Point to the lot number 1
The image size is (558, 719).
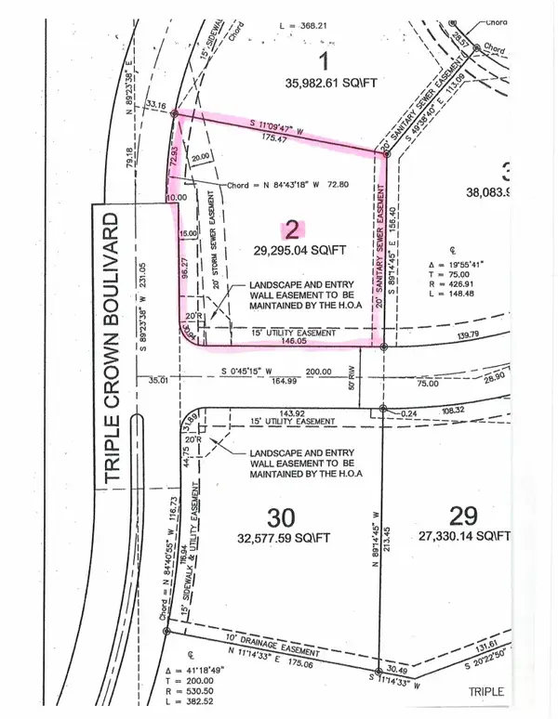pyautogui.click(x=325, y=63)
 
